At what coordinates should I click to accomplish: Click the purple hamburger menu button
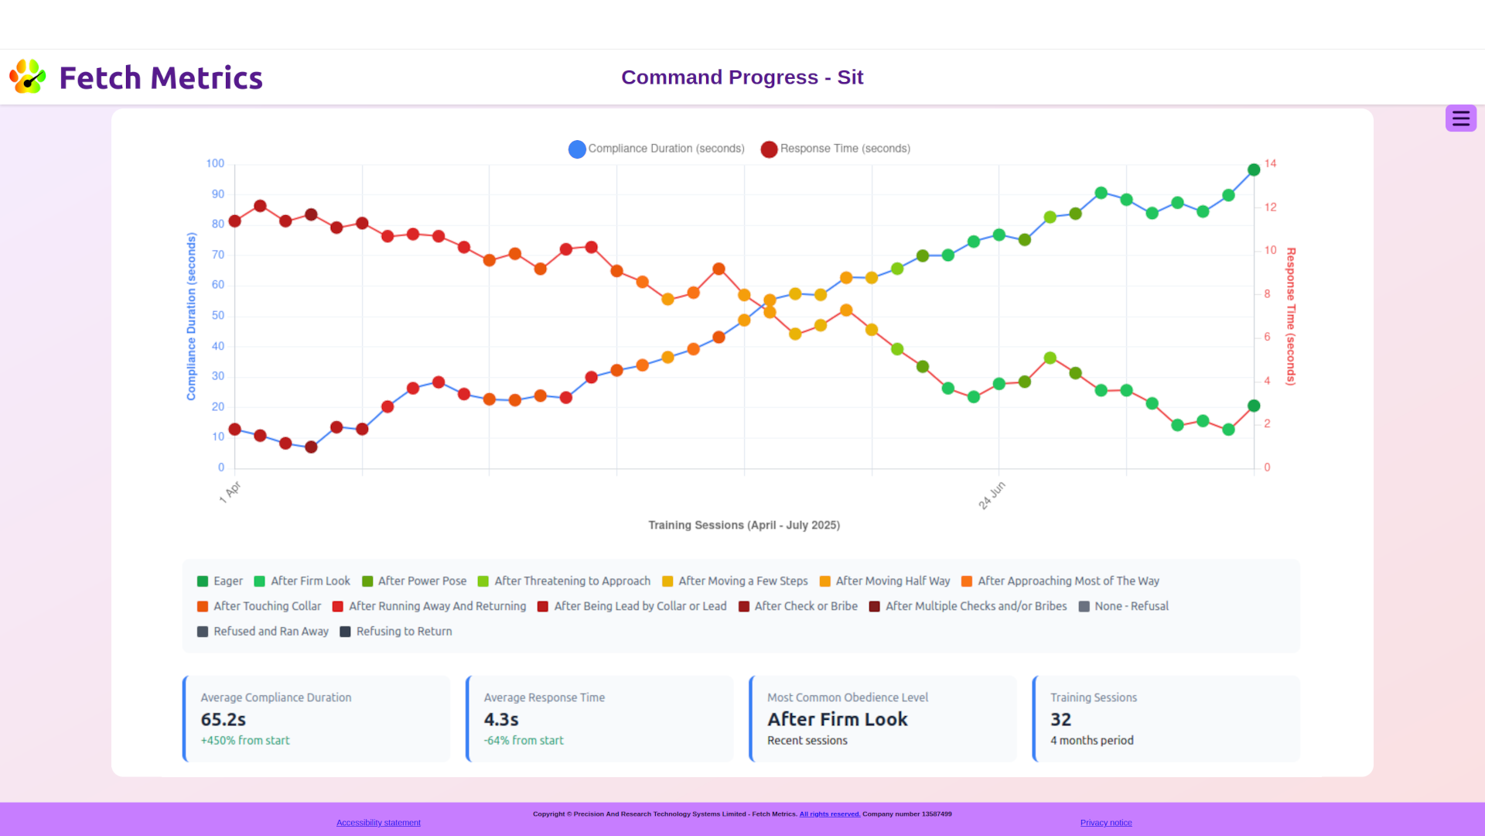(x=1460, y=118)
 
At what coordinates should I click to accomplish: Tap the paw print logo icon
(x=28, y=77)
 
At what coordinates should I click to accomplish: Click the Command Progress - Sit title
(x=742, y=77)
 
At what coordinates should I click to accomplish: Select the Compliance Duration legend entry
(x=657, y=149)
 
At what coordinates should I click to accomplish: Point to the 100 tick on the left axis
(x=215, y=163)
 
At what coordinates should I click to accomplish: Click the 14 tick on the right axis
(x=1270, y=163)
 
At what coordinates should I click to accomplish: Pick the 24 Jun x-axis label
(x=992, y=495)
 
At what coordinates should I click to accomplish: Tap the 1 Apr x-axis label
(x=230, y=492)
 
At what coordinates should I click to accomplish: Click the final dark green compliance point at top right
(x=1254, y=170)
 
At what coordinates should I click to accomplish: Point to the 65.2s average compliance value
(x=224, y=720)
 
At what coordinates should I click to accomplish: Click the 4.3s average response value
(x=501, y=720)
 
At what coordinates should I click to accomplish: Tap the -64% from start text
(x=524, y=741)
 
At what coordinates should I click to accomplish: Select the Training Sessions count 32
(x=1060, y=720)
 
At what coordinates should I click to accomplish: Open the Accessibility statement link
(x=378, y=823)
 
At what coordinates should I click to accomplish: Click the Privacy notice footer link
(x=1106, y=823)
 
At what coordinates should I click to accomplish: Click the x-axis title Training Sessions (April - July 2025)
(x=744, y=526)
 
